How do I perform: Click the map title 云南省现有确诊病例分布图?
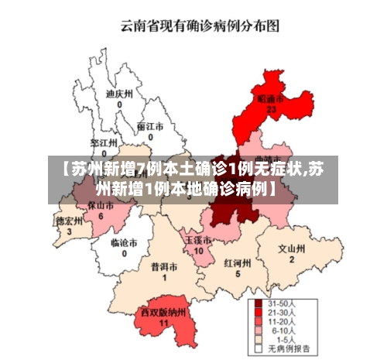(x=198, y=26)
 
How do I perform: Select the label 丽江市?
(x=150, y=125)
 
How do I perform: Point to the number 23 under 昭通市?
(x=271, y=110)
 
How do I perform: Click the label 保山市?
(x=101, y=206)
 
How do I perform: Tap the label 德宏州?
(x=69, y=221)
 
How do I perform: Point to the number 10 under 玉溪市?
(x=198, y=251)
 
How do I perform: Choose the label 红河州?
(x=238, y=262)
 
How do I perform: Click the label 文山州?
(x=292, y=249)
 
